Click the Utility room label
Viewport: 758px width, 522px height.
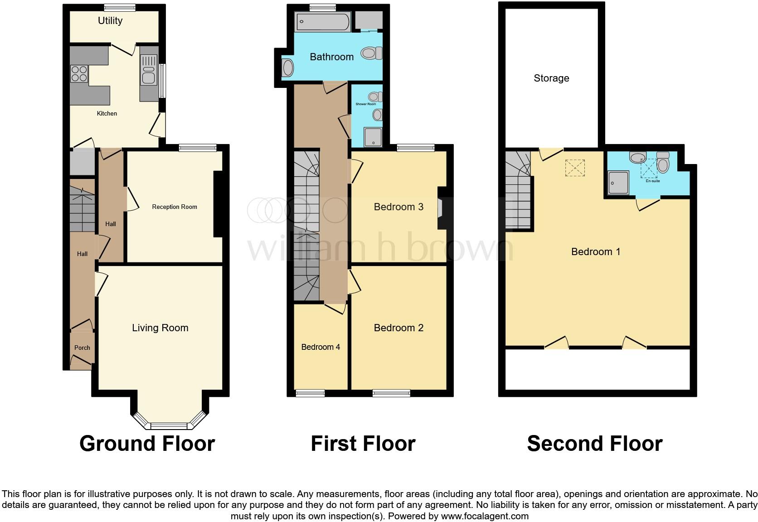click(110, 21)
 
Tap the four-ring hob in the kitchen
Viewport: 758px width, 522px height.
click(79, 74)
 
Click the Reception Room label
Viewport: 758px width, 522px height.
click(175, 207)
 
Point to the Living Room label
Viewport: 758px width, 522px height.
click(160, 328)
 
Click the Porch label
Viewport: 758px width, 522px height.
click(82, 348)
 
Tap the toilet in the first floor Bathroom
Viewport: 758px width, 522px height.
click(371, 54)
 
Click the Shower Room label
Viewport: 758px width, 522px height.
click(365, 104)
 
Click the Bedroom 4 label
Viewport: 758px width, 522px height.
click(321, 347)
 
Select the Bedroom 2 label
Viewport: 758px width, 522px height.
click(398, 328)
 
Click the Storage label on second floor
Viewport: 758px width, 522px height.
click(551, 78)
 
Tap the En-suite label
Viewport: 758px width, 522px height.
click(653, 181)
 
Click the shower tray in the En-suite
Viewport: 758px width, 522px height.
click(618, 183)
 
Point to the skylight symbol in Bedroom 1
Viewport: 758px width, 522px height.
click(575, 168)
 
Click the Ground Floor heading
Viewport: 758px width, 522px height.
click(147, 444)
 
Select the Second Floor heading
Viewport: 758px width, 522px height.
click(594, 444)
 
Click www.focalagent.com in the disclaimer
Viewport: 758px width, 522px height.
click(485, 516)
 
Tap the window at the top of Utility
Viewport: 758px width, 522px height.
click(120, 7)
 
